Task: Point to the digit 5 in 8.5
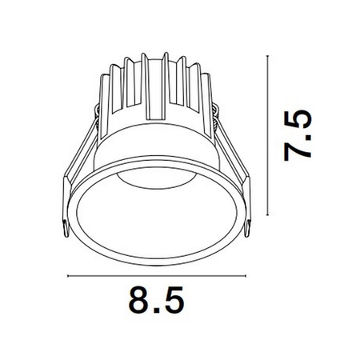click(171, 304)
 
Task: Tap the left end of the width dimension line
click(68, 277)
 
